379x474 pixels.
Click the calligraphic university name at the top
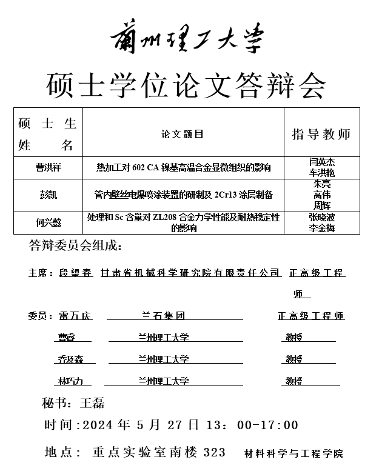[187, 38]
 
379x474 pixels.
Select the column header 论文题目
[183, 134]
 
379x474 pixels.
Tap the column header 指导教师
[321, 134]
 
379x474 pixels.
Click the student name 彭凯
[48, 195]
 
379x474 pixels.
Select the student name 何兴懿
[48, 222]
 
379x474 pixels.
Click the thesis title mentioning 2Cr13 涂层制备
[183, 195]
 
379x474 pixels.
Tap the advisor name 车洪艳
[322, 173]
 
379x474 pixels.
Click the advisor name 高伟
[322, 195]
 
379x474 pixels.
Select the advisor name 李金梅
[322, 228]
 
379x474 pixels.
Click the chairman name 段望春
[76, 273]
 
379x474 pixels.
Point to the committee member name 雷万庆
[76, 316]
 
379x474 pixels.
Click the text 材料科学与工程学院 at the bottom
[293, 453]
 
